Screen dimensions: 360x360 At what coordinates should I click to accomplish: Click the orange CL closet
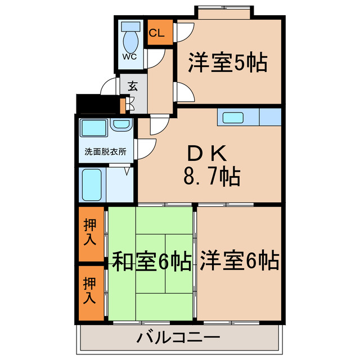pyautogui.click(x=157, y=33)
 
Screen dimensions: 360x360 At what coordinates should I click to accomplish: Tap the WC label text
pyautogui.click(x=129, y=57)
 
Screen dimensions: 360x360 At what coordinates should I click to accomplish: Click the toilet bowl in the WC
pyautogui.click(x=130, y=39)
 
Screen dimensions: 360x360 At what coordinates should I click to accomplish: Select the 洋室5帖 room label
pyautogui.click(x=227, y=62)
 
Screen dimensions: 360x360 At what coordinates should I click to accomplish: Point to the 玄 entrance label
pyautogui.click(x=133, y=87)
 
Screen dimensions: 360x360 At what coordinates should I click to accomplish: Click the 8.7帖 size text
pyautogui.click(x=211, y=177)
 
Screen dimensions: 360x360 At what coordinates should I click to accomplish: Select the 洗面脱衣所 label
pyautogui.click(x=105, y=151)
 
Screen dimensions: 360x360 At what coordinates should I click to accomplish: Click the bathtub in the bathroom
pyautogui.click(x=91, y=183)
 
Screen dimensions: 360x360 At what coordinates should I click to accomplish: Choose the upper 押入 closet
pyautogui.click(x=91, y=233)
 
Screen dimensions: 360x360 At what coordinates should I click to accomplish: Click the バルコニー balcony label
pyautogui.click(x=178, y=339)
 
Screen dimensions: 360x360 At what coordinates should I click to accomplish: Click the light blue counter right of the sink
pyautogui.click(x=271, y=118)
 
